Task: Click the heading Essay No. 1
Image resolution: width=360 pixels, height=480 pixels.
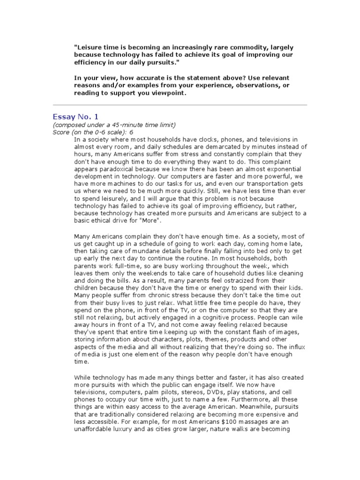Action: (x=75, y=117)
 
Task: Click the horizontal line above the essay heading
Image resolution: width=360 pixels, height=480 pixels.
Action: (x=180, y=105)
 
